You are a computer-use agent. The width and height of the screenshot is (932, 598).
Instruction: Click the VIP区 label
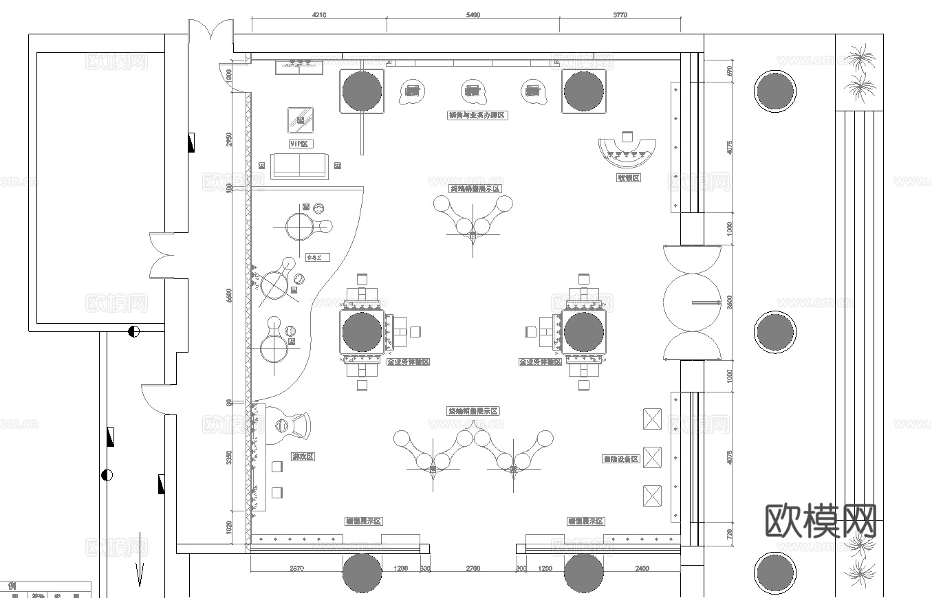[x=301, y=144]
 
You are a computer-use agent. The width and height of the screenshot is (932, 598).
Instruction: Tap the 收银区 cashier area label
[x=628, y=177]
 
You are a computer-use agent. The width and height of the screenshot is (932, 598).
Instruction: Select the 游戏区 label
[x=303, y=456]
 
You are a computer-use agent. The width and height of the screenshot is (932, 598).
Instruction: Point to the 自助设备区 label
[x=621, y=458]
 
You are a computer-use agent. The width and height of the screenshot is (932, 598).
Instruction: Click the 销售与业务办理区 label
[x=477, y=115]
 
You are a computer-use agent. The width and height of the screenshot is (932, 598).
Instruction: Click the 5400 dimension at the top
[x=473, y=14]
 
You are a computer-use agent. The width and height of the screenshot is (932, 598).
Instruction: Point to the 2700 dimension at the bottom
[x=473, y=568]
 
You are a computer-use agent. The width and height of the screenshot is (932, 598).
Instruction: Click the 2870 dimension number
[x=296, y=568]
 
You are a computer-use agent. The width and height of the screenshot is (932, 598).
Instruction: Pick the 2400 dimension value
[x=641, y=568]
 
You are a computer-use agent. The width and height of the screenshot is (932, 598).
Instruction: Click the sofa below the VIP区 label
[x=299, y=166]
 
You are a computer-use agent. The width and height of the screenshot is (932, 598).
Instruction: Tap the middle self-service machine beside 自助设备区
[x=652, y=457]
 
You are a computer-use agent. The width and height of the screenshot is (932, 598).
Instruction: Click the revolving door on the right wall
[x=692, y=302]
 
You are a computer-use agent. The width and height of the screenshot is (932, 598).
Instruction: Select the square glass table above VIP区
[x=300, y=120]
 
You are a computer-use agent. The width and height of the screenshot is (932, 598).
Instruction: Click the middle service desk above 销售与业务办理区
[x=473, y=90]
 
